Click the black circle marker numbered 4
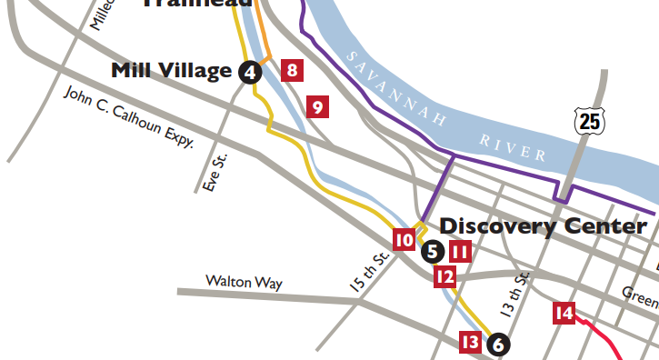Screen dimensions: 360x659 pos(250,73)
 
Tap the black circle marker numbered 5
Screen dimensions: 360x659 pos(433,251)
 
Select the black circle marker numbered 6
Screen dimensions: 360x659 pos(497,345)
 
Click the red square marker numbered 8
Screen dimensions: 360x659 pos(292,70)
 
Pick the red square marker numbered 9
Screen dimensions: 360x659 pos(317,107)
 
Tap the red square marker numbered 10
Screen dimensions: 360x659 pos(404,240)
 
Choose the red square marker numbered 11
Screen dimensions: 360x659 pos(461,252)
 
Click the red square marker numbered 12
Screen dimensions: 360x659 pos(444,277)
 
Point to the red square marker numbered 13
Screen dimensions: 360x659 pos(470,343)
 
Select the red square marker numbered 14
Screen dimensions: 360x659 pos(564,315)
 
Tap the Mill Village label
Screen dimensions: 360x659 pos(171,71)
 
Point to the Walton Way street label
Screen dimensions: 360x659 pos(244,283)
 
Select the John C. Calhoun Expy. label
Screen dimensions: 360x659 pos(128,117)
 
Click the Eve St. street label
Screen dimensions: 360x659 pos(215,172)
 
